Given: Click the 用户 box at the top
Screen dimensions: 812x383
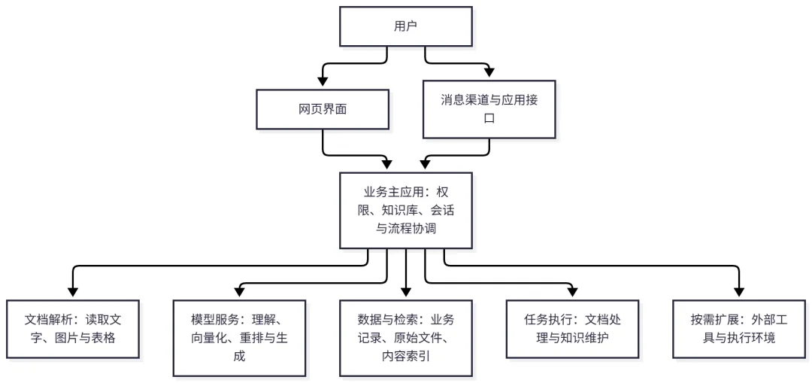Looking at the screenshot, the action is point(405,26).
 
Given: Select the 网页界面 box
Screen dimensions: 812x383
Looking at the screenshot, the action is point(323,109).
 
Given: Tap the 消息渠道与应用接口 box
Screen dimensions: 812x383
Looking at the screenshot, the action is point(489,109).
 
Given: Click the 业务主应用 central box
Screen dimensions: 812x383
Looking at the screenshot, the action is point(405,211).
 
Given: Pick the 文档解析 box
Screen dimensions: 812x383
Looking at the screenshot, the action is point(72,329).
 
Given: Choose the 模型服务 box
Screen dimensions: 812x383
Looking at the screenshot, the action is point(239,338).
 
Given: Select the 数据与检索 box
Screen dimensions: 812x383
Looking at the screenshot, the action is point(405,338).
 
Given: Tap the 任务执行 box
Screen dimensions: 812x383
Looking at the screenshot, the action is point(572,329).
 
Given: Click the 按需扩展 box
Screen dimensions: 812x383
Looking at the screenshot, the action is point(739,329).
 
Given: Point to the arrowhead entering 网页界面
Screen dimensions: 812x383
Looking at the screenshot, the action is point(323,82).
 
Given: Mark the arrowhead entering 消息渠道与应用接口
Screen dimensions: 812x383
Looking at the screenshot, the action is point(489,72).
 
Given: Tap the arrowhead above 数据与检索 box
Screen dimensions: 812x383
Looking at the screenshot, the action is point(405,292).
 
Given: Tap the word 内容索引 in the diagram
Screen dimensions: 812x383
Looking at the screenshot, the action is point(405,356).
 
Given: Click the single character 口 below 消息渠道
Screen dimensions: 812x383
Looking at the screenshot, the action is point(489,119).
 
